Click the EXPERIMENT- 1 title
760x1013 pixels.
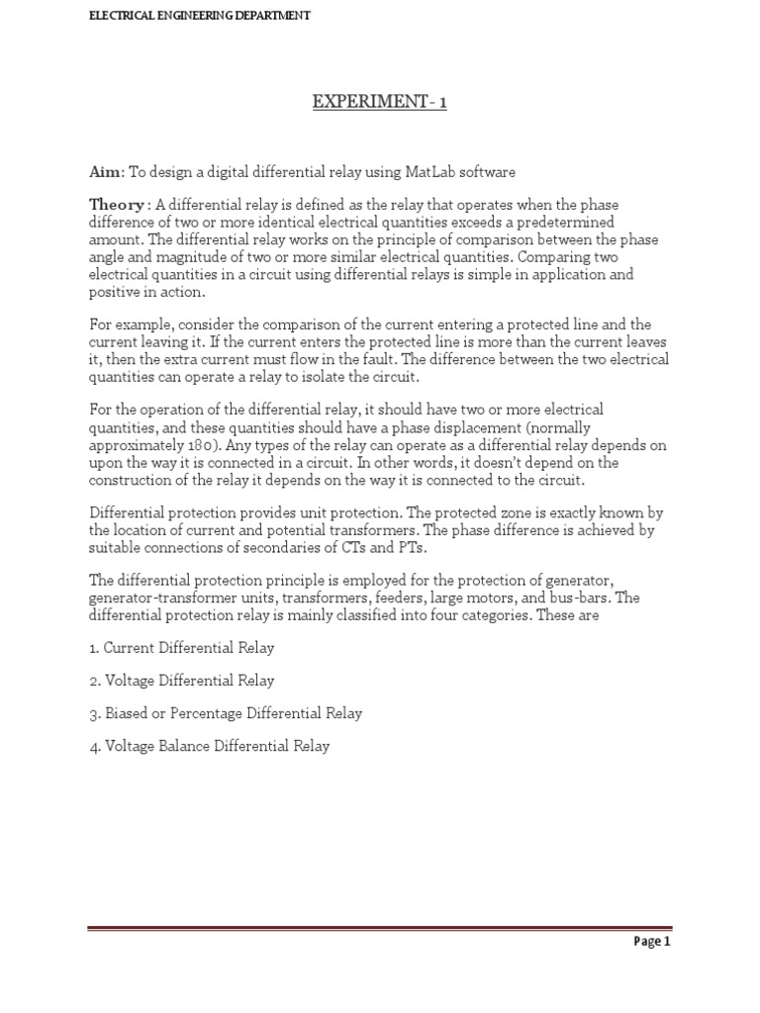point(380,103)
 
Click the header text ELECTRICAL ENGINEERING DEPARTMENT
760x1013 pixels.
point(200,16)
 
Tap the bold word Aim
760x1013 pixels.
point(105,172)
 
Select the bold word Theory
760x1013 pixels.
point(117,205)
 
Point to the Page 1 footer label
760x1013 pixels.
point(652,942)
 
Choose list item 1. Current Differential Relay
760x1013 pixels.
point(182,648)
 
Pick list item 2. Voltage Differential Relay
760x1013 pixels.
point(182,681)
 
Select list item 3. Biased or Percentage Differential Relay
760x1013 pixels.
point(226,713)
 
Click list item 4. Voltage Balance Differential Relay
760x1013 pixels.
point(209,746)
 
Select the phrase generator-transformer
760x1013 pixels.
point(162,599)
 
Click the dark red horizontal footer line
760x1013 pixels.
point(380,929)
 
